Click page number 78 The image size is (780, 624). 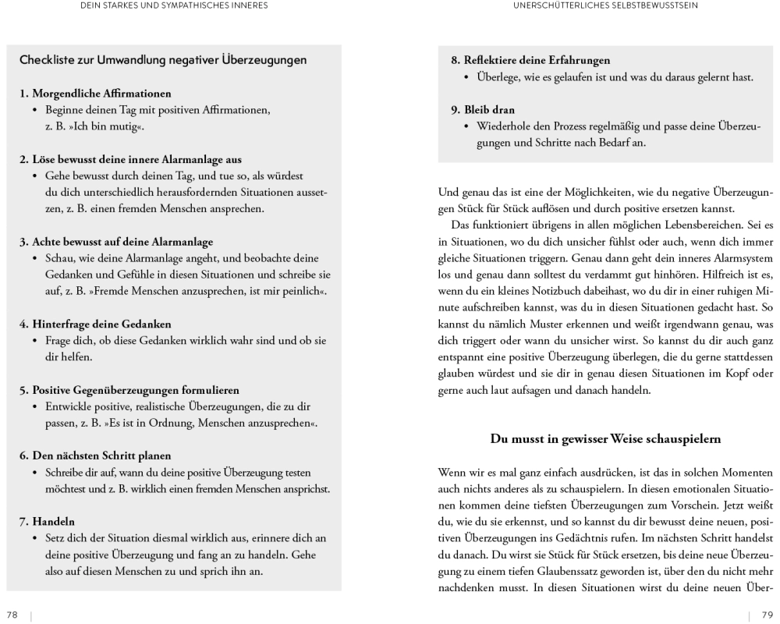(12, 615)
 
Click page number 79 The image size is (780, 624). (767, 615)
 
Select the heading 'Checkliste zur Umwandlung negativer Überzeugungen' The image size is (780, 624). (163, 60)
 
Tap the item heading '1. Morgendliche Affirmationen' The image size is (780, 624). (95, 94)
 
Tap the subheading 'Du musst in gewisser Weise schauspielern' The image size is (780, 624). (605, 438)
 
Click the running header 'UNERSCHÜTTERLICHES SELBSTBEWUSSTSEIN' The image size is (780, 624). (605, 5)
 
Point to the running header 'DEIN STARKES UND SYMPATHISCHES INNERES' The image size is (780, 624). (175, 5)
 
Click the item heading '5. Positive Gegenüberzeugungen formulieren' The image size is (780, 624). (129, 389)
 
